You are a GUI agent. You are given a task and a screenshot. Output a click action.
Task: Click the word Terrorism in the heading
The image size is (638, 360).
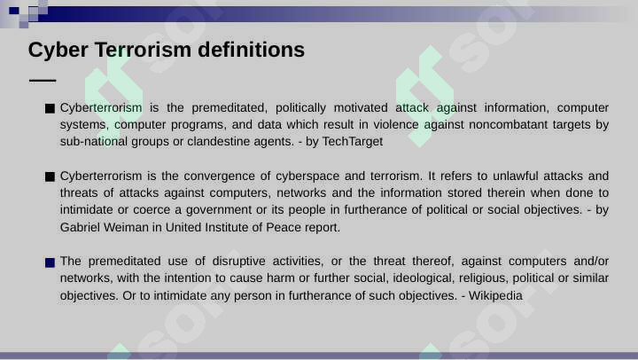point(143,50)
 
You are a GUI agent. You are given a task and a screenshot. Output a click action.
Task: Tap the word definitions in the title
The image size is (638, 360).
point(251,50)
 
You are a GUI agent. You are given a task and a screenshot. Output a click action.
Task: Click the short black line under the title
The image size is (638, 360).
point(43,81)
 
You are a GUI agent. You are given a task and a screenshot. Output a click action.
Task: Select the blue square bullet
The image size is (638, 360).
point(50,262)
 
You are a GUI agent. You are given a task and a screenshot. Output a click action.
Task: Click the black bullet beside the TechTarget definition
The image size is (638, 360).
point(50,108)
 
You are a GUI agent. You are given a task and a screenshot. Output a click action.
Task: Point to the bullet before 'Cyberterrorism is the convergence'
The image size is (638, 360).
point(50,176)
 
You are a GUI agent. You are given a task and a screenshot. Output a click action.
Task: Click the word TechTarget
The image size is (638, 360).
point(353,141)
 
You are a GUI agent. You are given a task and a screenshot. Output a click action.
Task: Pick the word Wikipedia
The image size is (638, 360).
point(495,295)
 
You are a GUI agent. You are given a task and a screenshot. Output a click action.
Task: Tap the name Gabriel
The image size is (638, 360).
point(80,227)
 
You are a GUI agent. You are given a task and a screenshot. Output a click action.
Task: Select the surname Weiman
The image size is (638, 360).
point(126,227)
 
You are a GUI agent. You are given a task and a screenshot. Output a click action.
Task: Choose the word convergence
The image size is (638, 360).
point(220,176)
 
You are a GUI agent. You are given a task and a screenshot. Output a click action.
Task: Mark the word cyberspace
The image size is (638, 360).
point(307,176)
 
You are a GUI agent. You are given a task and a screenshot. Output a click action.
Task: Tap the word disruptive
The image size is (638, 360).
point(239,261)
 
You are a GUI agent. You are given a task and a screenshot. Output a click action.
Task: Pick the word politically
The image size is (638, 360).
point(300,108)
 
